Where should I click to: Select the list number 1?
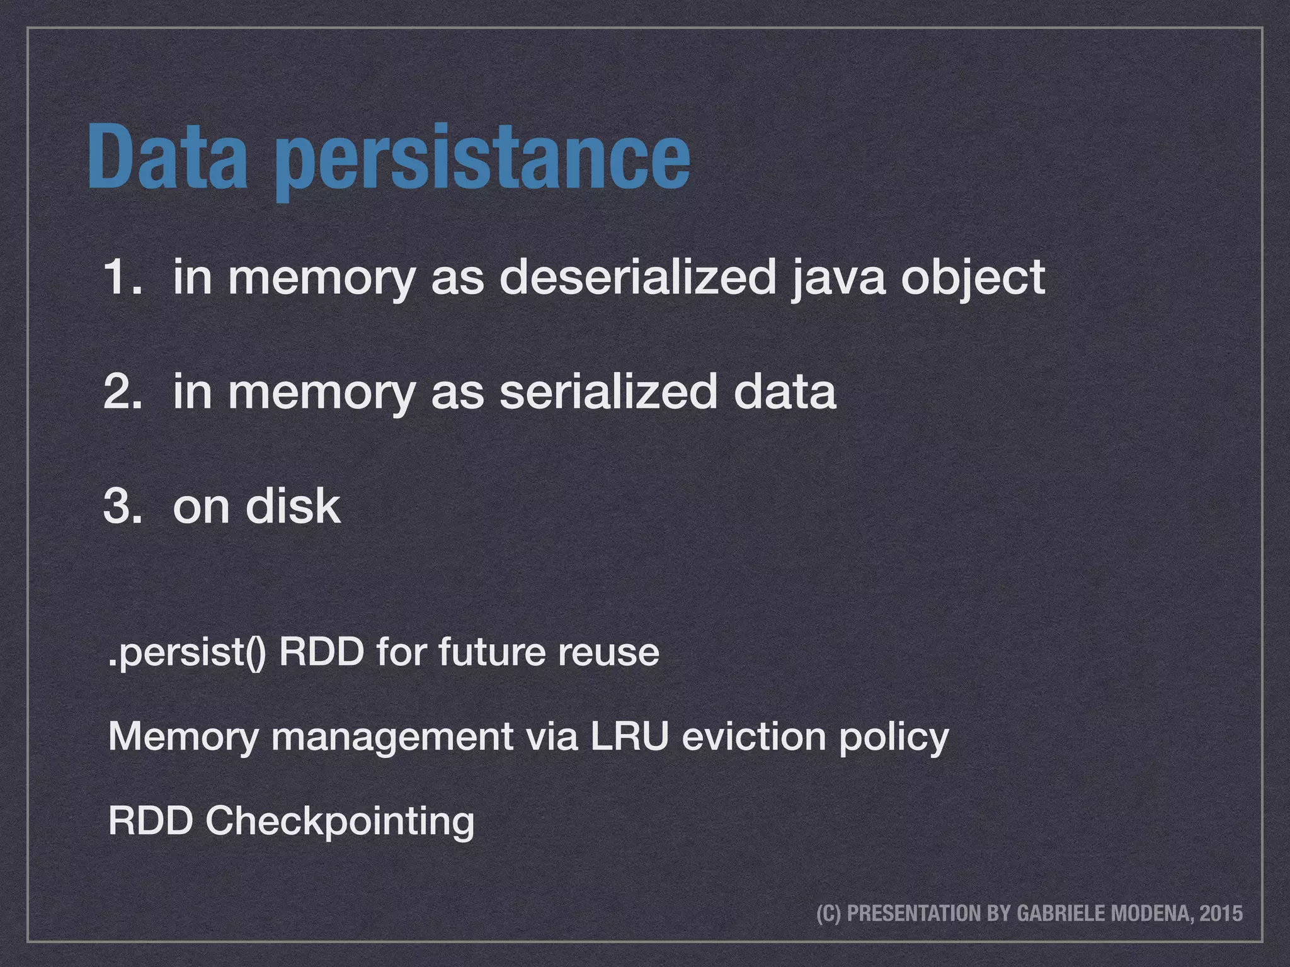pos(122,276)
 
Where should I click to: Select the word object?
pos(973,278)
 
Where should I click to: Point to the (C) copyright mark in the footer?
pos(828,913)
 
